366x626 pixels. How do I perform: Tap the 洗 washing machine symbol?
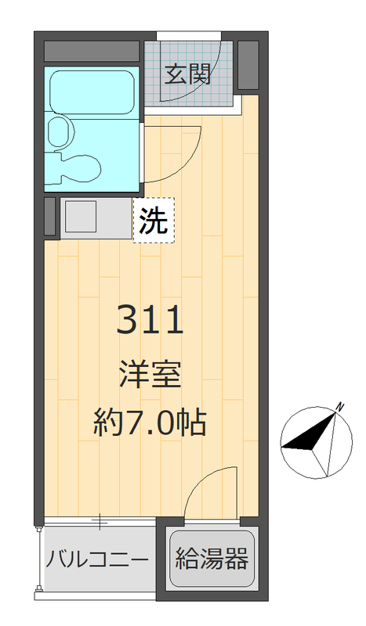(x=153, y=221)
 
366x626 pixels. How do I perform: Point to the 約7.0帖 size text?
(x=150, y=423)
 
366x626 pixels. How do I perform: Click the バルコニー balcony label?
(x=97, y=560)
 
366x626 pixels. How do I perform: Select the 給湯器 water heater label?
(x=212, y=559)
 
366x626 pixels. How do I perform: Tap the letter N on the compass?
(x=341, y=406)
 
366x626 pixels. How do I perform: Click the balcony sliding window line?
(x=100, y=521)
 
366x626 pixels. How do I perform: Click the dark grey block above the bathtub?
(x=92, y=51)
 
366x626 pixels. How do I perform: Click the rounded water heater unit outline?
(x=212, y=560)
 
